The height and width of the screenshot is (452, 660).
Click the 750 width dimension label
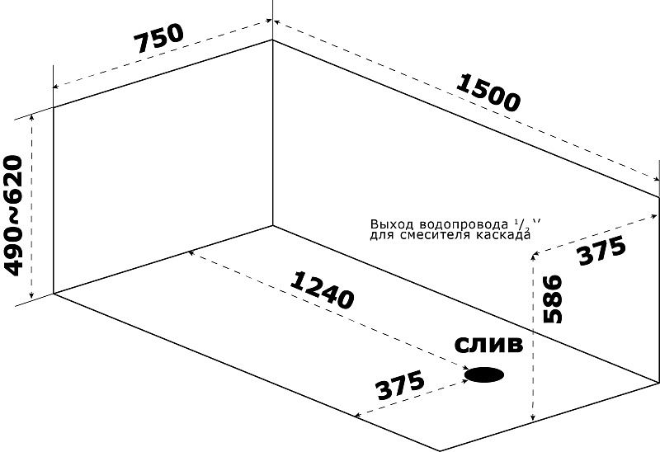[158, 39]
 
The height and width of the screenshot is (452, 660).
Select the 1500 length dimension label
[488, 92]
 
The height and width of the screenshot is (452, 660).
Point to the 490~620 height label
[12, 215]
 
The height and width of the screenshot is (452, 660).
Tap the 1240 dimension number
[323, 290]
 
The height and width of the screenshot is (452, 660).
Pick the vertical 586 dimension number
[553, 299]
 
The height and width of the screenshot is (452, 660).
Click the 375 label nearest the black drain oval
[401, 386]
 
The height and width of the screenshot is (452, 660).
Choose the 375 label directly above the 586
[602, 251]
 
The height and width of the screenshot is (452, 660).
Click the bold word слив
[488, 345]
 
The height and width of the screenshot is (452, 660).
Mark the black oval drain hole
[484, 374]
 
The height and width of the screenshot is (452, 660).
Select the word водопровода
[464, 224]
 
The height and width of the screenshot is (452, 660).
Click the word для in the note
[383, 235]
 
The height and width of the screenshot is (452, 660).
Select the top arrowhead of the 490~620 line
[31, 117]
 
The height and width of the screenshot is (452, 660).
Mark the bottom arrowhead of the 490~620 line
[31, 295]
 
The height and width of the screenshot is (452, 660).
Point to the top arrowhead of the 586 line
[533, 257]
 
